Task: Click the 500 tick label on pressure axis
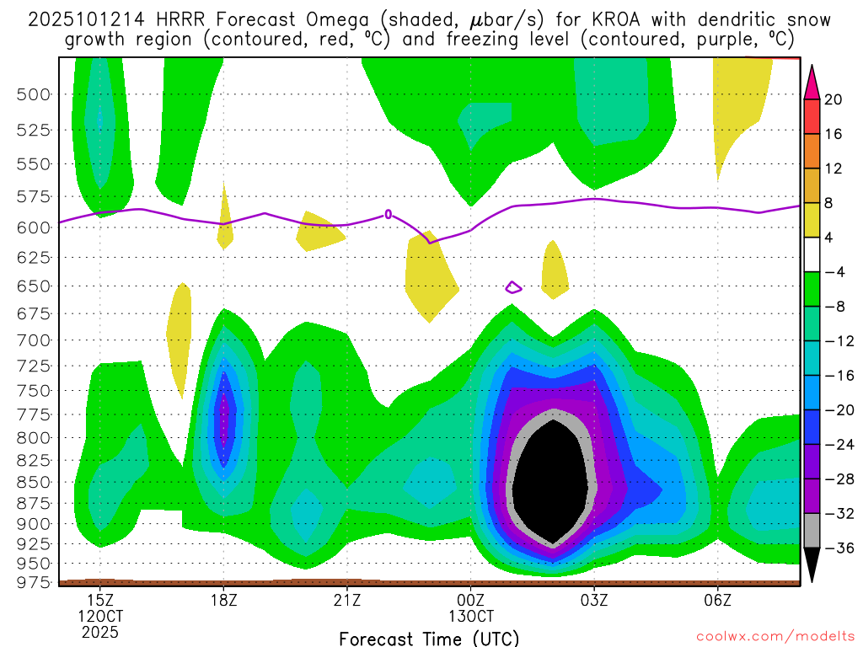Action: [x=35, y=94]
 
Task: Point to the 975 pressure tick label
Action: [x=35, y=581]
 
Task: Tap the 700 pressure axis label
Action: [x=35, y=340]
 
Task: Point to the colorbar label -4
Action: [x=832, y=272]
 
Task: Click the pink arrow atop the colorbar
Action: [x=812, y=81]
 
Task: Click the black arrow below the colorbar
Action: [x=812, y=564]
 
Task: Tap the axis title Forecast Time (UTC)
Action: [x=429, y=638]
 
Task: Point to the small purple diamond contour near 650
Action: [x=513, y=288]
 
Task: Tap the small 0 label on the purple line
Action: [x=388, y=214]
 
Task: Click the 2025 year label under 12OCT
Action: [x=100, y=632]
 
